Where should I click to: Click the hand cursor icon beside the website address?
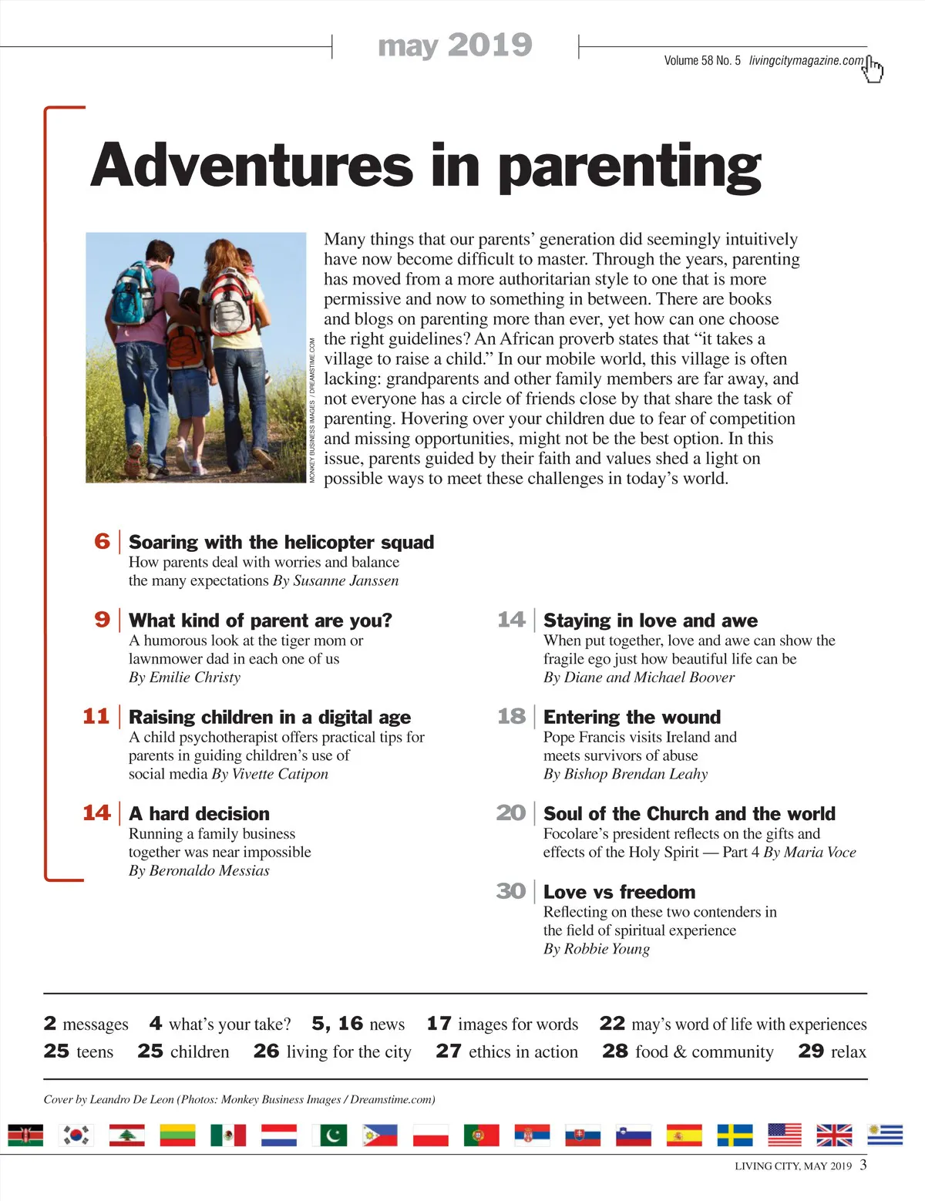[873, 69]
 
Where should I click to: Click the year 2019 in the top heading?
[489, 45]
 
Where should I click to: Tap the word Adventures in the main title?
[251, 165]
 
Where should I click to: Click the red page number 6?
[103, 541]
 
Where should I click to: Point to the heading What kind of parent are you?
[260, 621]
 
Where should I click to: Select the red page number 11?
[96, 716]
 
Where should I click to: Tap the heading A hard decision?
[199, 814]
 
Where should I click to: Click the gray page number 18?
[511, 716]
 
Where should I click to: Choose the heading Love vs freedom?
[619, 892]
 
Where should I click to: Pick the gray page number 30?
[511, 891]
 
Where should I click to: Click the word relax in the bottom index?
[848, 1051]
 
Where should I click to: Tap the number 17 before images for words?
[439, 1024]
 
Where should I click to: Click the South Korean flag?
[76, 1135]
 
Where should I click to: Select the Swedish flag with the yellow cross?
[735, 1135]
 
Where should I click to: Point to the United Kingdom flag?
[834, 1135]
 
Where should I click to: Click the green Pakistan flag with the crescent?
[330, 1135]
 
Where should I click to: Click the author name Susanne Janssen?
[346, 580]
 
